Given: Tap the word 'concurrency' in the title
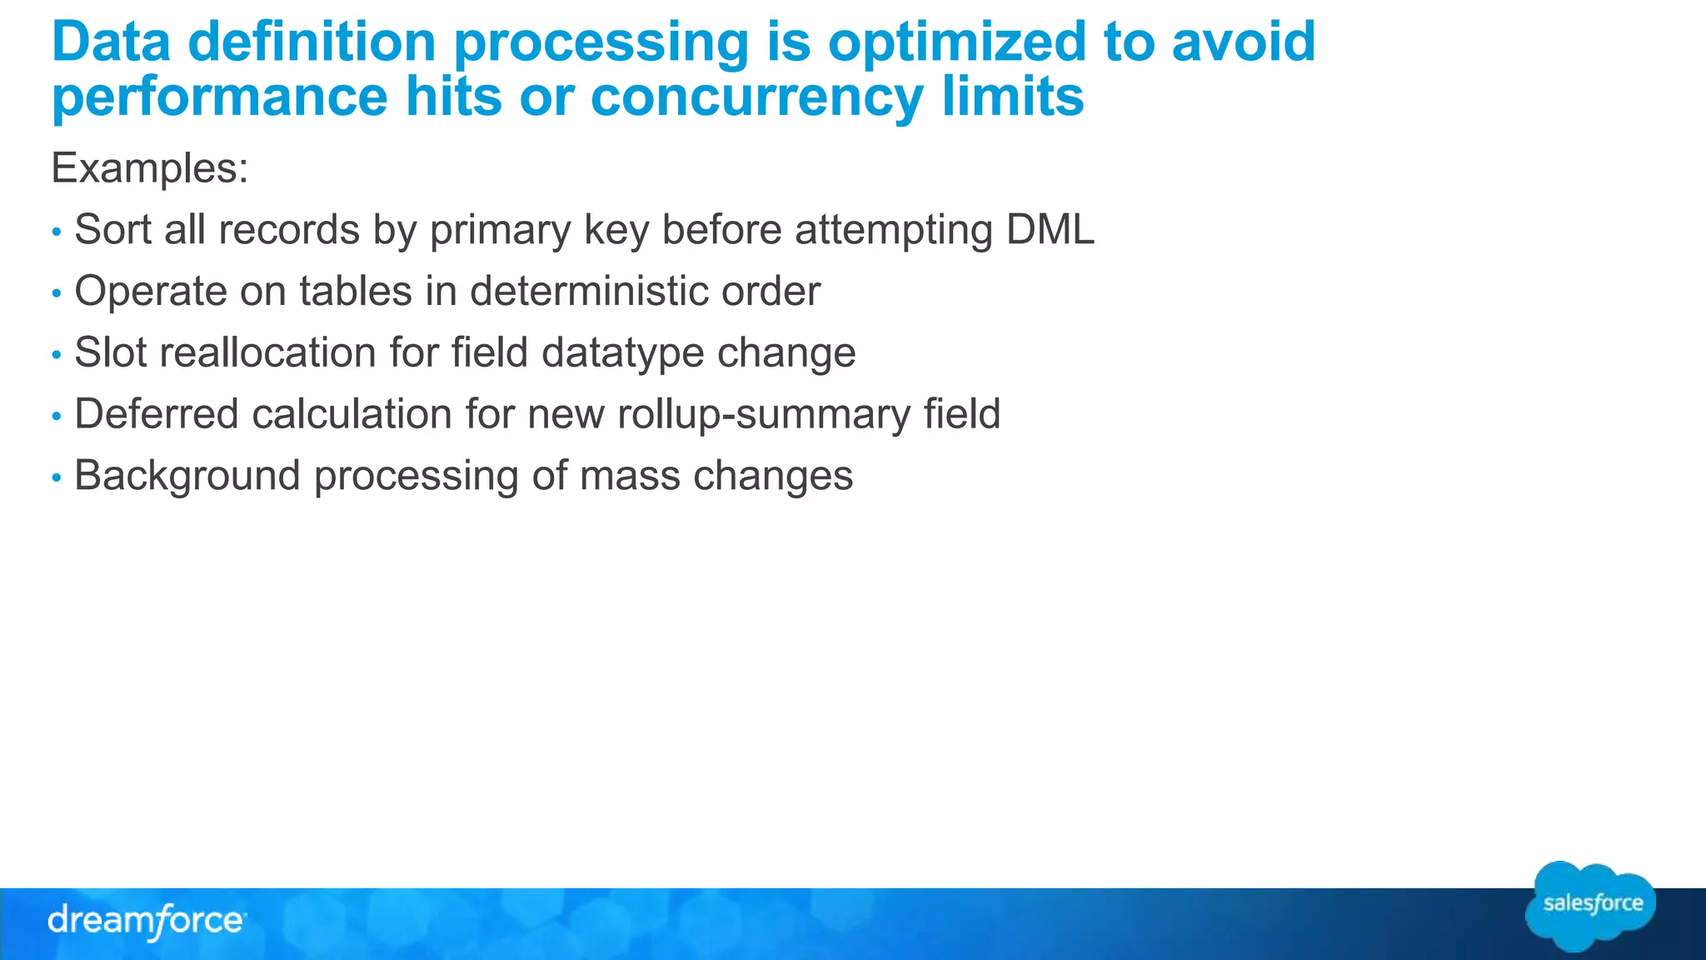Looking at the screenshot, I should (757, 97).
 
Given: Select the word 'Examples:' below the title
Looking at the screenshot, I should (150, 168).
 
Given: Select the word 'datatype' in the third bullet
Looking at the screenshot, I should (623, 353).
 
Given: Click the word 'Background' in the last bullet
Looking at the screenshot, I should (187, 476).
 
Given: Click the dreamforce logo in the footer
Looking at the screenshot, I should (147, 922).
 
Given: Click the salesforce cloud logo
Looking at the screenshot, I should (1591, 905).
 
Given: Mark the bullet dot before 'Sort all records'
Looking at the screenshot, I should (57, 232).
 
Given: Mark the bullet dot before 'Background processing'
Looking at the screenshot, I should (57, 477).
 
